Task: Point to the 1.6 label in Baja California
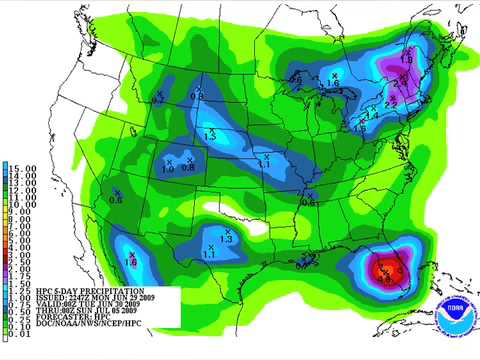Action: click(130, 262)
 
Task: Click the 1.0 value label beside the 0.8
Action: click(168, 169)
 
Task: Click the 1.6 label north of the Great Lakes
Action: click(332, 83)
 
